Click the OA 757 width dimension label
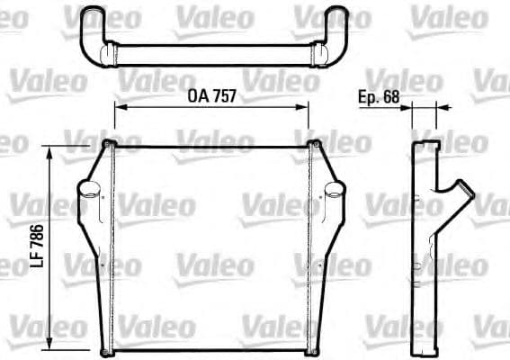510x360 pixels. tap(211, 95)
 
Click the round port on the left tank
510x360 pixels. tap(88, 191)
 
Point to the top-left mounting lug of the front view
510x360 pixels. tap(109, 145)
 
